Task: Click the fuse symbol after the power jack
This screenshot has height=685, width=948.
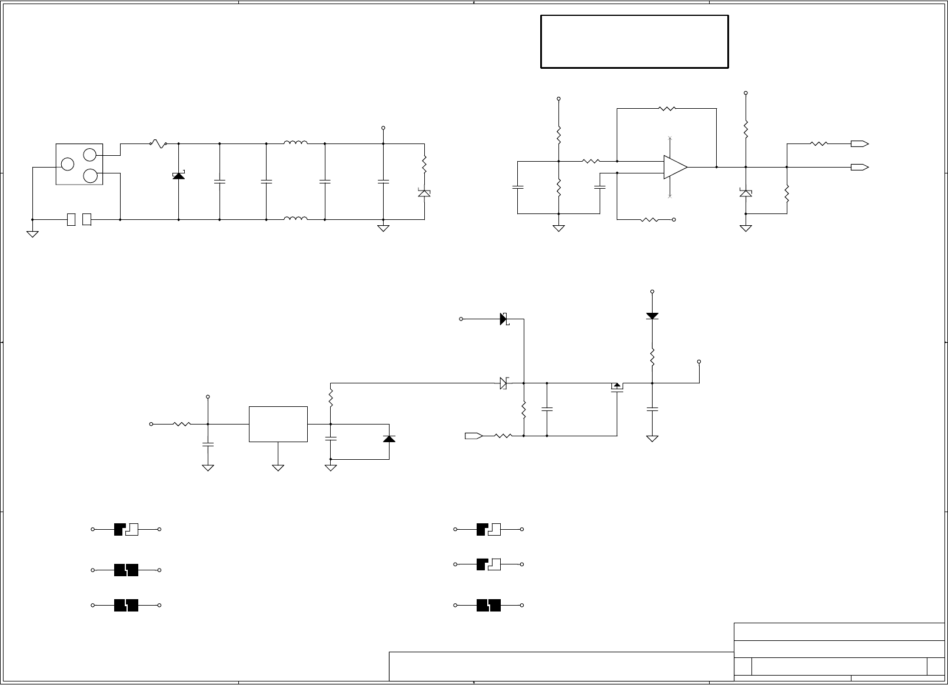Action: tap(158, 143)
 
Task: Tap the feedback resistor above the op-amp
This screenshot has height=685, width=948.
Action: tap(667, 108)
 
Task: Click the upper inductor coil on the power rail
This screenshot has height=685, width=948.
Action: tap(295, 142)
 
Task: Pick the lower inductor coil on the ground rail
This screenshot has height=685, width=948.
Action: tap(295, 219)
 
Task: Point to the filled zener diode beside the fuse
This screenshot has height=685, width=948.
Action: tap(178, 175)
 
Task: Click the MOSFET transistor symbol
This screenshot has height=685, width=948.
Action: tap(617, 388)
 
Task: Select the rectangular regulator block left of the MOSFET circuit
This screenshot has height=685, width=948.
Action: tap(278, 423)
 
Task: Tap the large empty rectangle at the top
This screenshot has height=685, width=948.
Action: tap(634, 42)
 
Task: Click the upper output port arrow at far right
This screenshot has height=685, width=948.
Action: tap(860, 143)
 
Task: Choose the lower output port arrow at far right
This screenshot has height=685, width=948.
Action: tap(860, 167)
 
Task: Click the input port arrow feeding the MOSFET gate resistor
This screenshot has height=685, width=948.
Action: tap(474, 436)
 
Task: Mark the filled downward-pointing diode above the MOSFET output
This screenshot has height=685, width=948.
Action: tap(652, 316)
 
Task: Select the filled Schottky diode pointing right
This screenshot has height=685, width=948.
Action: tap(504, 319)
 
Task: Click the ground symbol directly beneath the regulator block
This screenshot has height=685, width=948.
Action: tap(278, 467)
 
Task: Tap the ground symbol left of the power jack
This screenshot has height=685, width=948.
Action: tap(32, 233)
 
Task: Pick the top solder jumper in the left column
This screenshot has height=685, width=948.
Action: tap(126, 529)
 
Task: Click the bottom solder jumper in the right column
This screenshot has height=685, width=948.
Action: tap(488, 605)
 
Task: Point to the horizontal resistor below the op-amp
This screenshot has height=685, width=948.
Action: tap(649, 219)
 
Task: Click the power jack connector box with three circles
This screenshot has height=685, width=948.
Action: tap(79, 164)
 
